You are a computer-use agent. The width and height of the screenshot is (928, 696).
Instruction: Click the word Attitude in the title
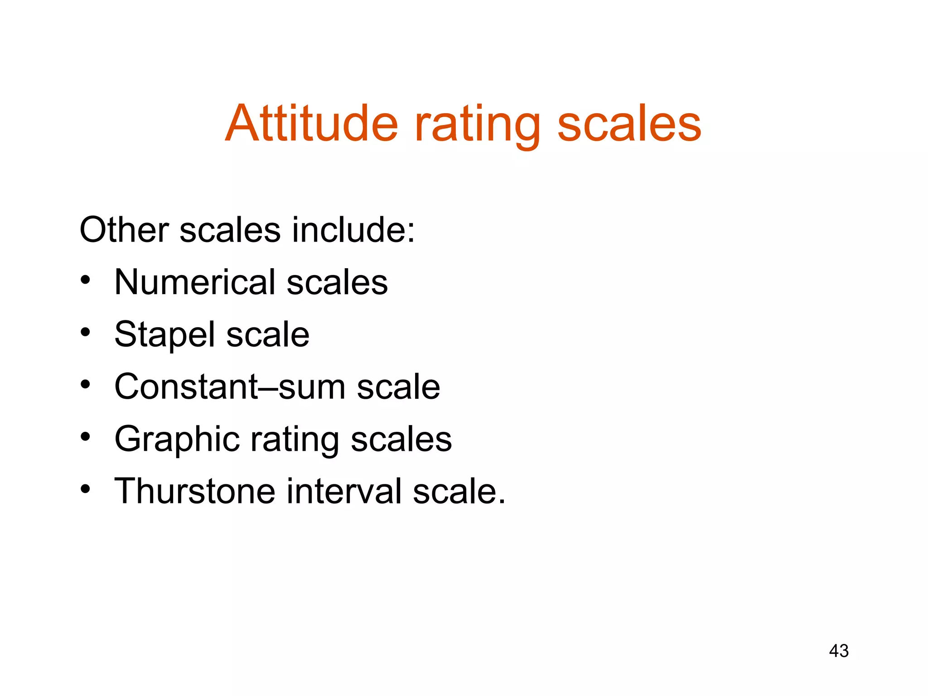[312, 123]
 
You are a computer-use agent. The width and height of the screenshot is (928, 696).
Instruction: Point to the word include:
[353, 230]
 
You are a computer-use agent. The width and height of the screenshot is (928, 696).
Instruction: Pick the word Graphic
[177, 440]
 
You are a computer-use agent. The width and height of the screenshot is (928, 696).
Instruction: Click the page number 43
[839, 651]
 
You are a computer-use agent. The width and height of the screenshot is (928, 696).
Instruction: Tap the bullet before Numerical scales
[86, 280]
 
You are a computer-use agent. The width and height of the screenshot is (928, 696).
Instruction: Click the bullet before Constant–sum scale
[86, 385]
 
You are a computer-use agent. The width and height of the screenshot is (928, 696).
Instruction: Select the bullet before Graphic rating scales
[86, 437]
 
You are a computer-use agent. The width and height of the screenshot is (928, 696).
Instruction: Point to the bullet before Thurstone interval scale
[86, 489]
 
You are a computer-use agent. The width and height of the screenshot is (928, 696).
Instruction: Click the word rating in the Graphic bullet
[295, 440]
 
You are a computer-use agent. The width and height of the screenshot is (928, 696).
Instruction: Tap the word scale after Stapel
[268, 334]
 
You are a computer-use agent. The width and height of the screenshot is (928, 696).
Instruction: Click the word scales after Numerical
[338, 282]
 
